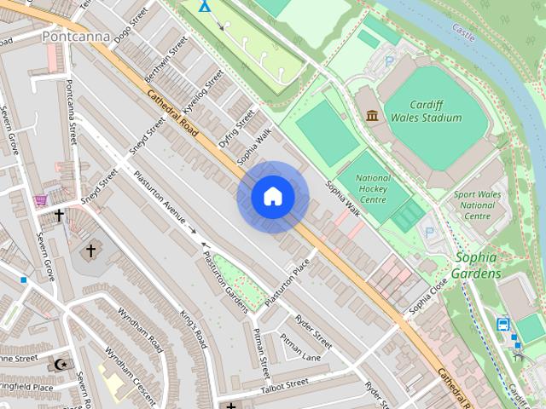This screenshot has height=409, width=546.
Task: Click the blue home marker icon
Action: [273, 197]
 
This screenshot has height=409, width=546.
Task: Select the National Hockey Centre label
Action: [375, 189]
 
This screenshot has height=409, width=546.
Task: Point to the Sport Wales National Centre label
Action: [476, 204]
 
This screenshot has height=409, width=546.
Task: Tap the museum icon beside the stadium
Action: [372, 116]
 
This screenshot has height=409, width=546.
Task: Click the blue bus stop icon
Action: [503, 324]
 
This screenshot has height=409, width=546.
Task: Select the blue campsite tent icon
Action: [204, 6]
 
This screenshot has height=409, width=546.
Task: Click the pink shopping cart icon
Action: [40, 200]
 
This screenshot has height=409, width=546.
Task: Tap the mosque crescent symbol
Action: [60, 364]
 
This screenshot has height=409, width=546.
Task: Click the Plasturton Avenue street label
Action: [160, 197]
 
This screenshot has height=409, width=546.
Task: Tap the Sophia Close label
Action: [427, 297]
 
